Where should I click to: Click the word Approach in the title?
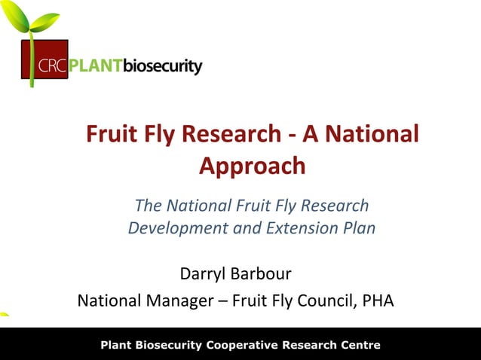point(252,166)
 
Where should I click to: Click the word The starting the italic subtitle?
point(148,205)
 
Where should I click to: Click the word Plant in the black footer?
point(118,346)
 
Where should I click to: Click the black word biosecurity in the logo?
point(162,67)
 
